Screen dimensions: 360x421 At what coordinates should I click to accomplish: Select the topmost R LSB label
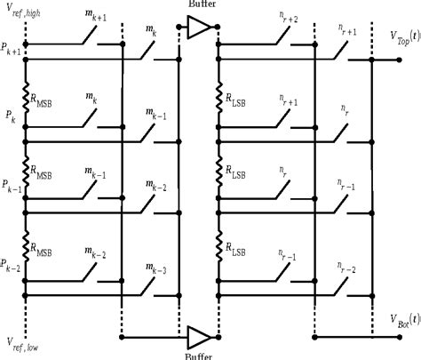click(235, 96)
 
